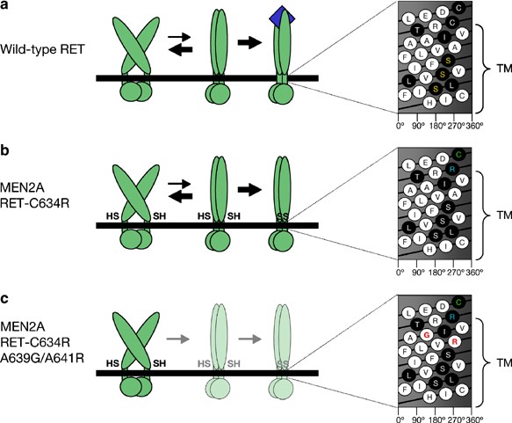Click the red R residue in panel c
coord(453,339)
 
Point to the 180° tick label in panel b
coord(438,273)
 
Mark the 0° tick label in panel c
coord(400,414)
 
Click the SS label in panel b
coord(281,215)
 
